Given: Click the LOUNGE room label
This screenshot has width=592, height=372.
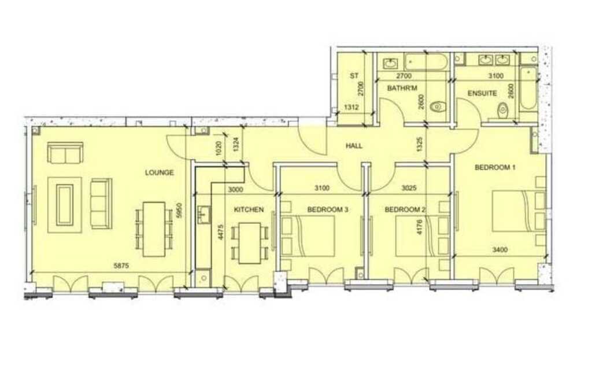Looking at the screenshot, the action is tap(160, 172).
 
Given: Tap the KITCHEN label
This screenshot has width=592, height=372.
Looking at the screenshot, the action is tap(249, 209).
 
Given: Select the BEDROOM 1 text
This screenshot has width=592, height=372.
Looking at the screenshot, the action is tap(495, 167).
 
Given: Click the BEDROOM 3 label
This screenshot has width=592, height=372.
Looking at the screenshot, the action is tap(327, 209).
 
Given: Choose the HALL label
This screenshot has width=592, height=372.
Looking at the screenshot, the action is tap(354, 146).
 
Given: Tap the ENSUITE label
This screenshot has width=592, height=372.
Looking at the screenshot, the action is tap(482, 93).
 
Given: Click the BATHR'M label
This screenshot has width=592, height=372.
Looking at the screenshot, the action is tap(402, 89).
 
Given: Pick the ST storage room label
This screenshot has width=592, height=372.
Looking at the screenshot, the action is tap(354, 76).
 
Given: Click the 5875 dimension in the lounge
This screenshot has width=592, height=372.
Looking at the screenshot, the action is tap(121, 266).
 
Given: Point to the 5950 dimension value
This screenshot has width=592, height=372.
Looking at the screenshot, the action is tap(180, 211).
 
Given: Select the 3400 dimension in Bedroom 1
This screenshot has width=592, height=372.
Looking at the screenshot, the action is tap(500, 249).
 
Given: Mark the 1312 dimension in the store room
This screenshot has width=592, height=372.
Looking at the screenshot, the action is tap(351, 107).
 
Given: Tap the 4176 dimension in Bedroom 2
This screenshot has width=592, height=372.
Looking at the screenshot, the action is tap(420, 226).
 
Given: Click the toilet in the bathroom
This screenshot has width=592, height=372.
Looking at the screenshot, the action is tap(438, 107).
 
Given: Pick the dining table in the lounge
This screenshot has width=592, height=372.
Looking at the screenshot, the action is tap(154, 230).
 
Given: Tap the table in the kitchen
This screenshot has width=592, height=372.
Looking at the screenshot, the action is tap(250, 243).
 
